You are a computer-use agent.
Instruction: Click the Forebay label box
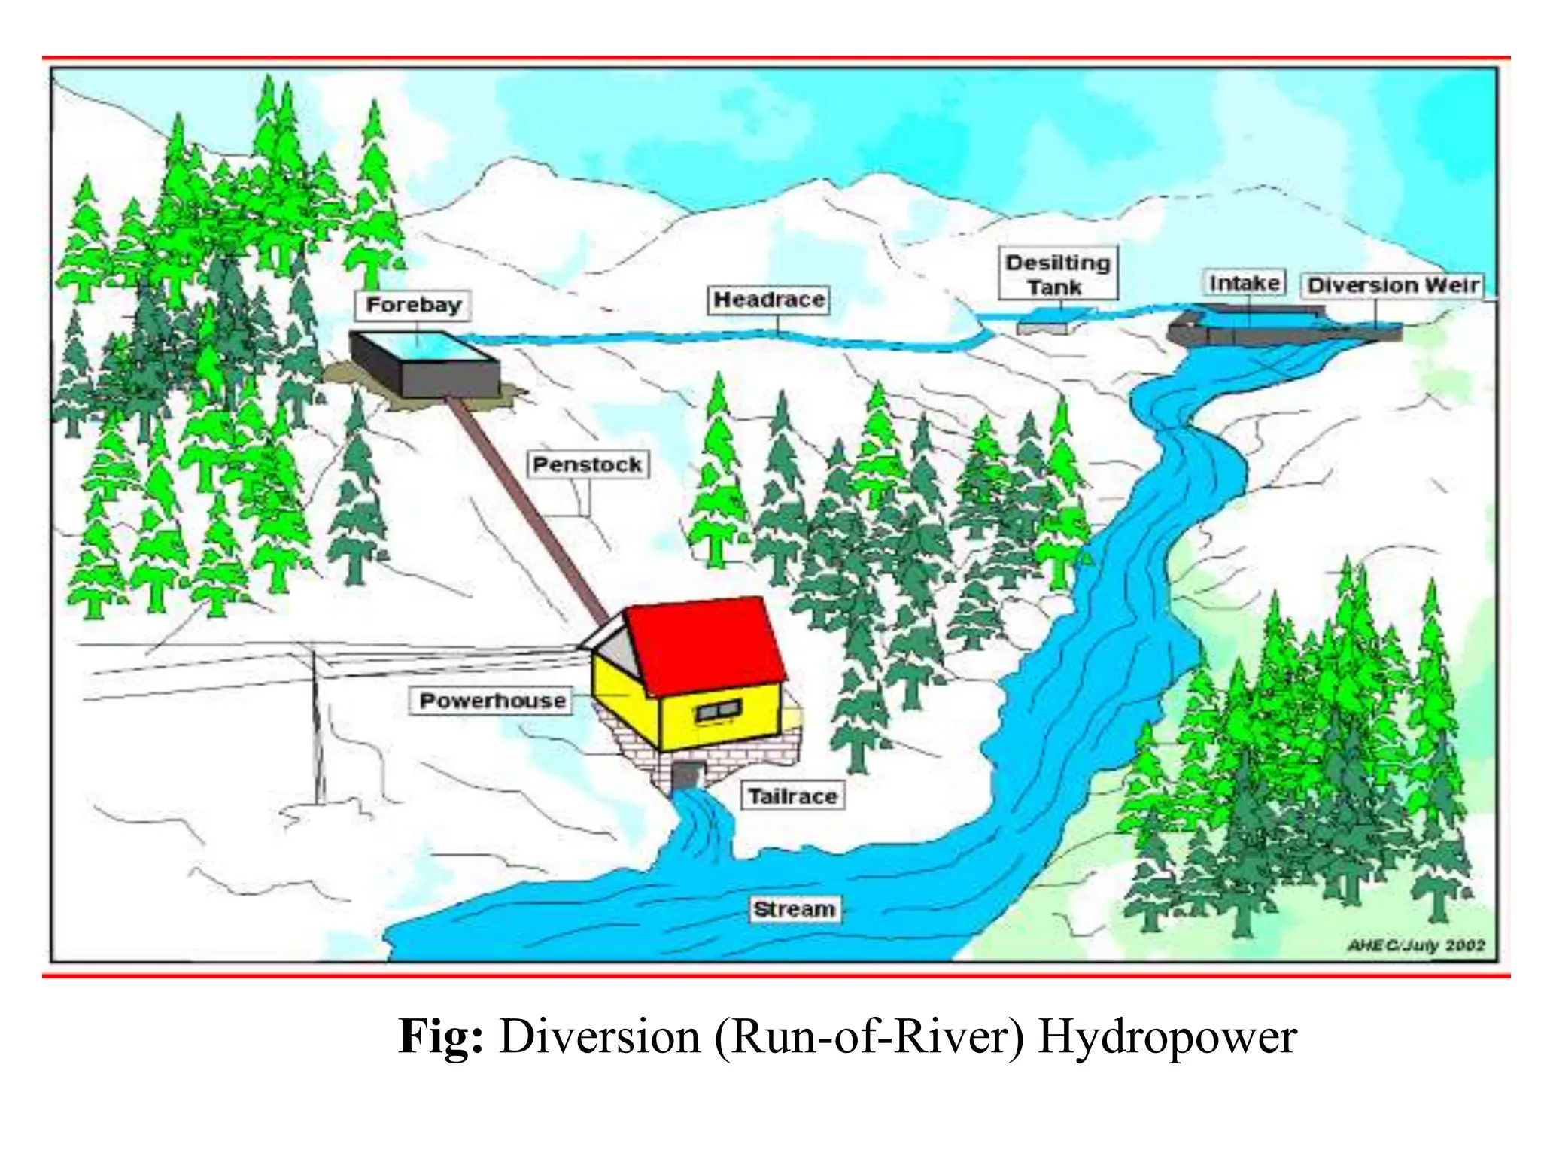click(412, 305)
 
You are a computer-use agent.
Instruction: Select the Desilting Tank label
click(1057, 274)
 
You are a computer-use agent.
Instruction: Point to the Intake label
click(1245, 283)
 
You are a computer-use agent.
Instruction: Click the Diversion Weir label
click(1393, 285)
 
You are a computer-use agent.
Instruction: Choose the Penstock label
click(587, 464)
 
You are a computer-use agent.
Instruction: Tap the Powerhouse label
click(492, 701)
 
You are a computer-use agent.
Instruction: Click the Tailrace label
click(792, 796)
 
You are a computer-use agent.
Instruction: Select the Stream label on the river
click(795, 909)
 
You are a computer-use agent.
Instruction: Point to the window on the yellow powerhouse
click(718, 710)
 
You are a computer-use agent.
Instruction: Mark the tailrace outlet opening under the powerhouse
click(686, 775)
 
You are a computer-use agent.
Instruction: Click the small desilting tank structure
click(1041, 327)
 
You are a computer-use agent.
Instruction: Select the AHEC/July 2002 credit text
click(1415, 945)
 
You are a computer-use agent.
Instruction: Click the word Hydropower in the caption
click(1167, 1037)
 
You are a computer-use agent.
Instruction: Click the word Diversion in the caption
click(600, 1037)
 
